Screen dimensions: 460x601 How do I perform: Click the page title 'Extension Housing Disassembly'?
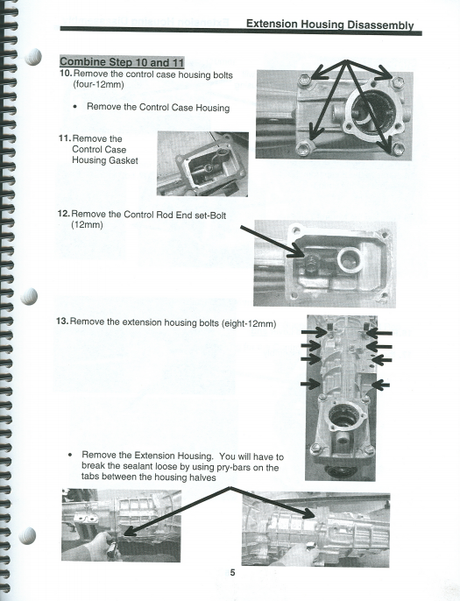329,25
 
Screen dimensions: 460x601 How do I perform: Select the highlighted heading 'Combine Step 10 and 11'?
122,61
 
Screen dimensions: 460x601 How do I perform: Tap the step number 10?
66,74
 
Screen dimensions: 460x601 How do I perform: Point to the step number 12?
63,214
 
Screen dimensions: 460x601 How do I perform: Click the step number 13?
62,322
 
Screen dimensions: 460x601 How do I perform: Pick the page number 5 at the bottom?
233,573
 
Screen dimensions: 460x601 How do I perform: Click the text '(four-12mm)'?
98,84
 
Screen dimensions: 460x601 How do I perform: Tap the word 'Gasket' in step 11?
123,160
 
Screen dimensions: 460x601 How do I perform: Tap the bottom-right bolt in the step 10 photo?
399,149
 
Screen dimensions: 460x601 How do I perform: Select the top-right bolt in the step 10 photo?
399,81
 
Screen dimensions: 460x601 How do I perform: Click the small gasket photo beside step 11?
202,164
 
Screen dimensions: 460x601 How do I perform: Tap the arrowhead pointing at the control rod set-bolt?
298,253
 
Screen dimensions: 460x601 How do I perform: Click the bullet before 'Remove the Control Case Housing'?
75,107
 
